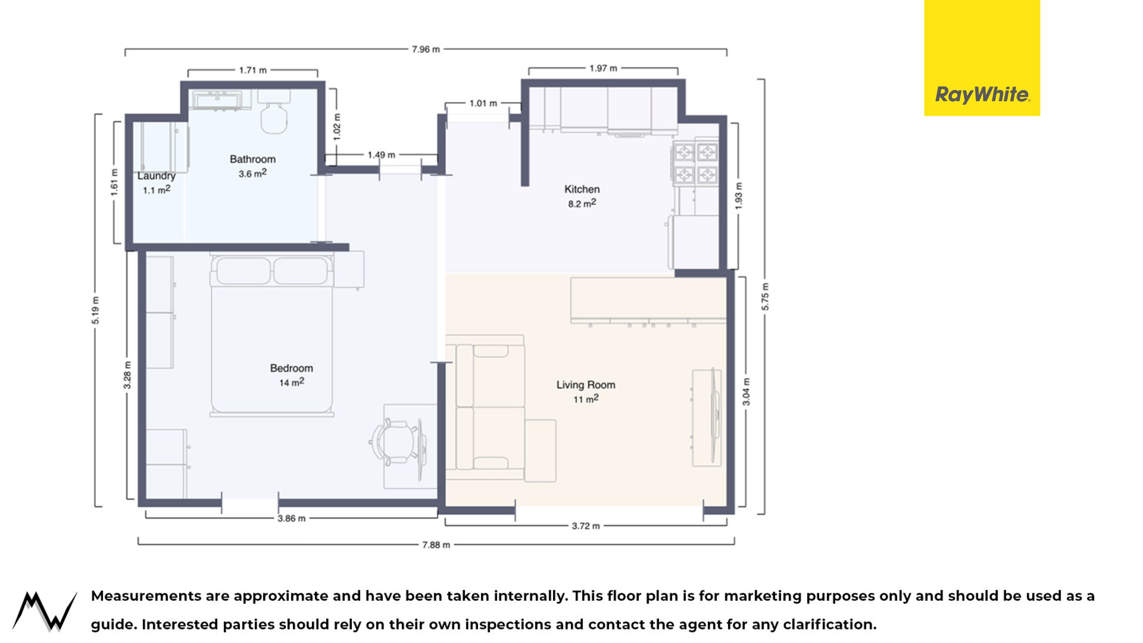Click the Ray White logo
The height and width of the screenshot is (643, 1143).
(982, 58)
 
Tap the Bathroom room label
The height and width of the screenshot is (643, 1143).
(252, 159)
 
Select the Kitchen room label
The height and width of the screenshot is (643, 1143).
(582, 189)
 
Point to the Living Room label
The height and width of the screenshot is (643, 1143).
(586, 385)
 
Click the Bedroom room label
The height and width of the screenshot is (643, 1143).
(292, 368)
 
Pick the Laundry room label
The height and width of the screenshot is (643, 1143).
(156, 176)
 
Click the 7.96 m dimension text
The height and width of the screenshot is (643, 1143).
(425, 49)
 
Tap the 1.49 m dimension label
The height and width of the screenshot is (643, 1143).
(381, 155)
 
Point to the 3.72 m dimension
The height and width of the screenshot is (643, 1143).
(586, 526)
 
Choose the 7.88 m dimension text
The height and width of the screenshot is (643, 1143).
(436, 545)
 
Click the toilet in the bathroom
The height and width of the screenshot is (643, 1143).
(274, 112)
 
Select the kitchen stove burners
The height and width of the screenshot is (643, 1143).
(696, 163)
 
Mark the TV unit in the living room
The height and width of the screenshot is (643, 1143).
(707, 418)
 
